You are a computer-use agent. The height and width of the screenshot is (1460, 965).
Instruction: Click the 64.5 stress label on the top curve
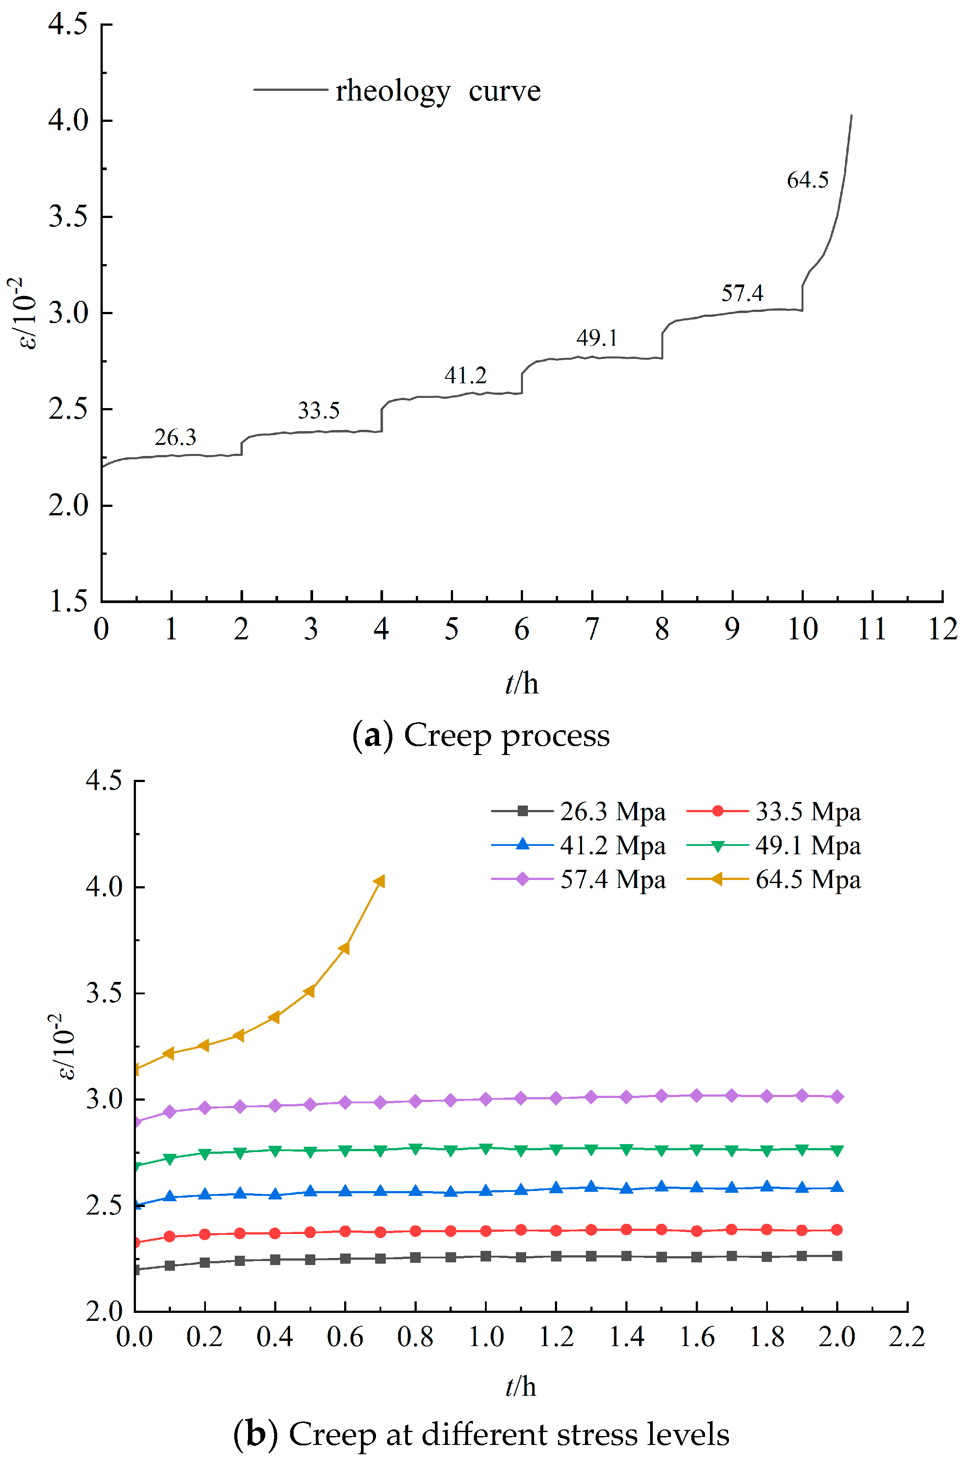pos(807,180)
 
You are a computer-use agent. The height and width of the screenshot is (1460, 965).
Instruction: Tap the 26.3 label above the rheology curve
pos(175,437)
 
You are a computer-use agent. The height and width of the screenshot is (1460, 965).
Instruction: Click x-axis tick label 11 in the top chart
pos(872,629)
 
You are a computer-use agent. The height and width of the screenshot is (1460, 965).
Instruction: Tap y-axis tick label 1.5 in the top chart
pos(68,601)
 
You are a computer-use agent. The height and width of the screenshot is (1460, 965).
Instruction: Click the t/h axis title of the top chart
pos(521,684)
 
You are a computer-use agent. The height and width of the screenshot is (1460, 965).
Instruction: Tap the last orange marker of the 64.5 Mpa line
pos(380,882)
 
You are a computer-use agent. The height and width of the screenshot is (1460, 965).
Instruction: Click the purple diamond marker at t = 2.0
pos(837,1097)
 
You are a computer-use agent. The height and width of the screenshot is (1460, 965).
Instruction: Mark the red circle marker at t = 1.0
pos(485,1231)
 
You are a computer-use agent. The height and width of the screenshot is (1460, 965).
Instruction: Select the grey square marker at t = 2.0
pos(837,1256)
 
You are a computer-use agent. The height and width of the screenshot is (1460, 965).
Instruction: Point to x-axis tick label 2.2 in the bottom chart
pos(907,1337)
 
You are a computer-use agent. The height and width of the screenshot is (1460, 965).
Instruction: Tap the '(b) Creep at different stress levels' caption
pos(481,1434)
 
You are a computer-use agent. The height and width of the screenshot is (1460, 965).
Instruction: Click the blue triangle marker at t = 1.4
pos(627,1188)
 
